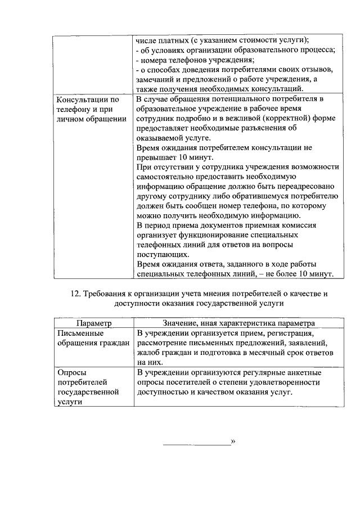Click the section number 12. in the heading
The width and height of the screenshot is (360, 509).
(76, 294)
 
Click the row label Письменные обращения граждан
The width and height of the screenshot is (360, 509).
(93, 338)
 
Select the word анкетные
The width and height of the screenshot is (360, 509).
(304, 372)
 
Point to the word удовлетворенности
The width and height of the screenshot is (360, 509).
(280, 382)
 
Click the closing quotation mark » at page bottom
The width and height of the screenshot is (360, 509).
(233, 443)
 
